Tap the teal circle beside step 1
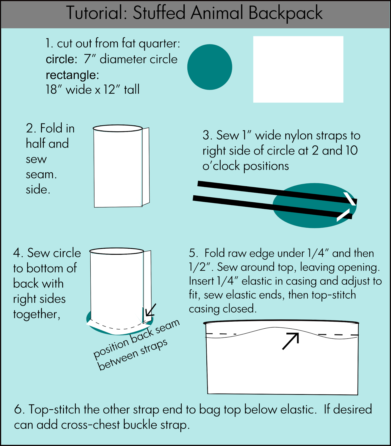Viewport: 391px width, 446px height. pyautogui.click(x=209, y=67)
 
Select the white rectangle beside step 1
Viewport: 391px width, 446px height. pyautogui.click(x=298, y=69)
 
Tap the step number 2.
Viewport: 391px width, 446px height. pyautogui.click(x=31, y=129)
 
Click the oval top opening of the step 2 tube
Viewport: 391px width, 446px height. pyautogui.click(x=118, y=129)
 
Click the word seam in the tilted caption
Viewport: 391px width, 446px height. pyautogui.click(x=167, y=327)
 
